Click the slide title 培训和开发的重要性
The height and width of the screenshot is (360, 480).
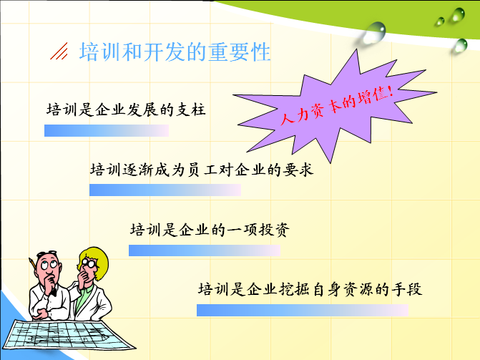tap(175, 52)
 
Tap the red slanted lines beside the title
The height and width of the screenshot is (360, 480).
tap(59, 51)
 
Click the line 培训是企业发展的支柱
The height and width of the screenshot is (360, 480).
tap(126, 110)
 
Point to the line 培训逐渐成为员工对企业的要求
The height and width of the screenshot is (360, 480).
tap(202, 170)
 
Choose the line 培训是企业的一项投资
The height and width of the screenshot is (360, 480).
tap(210, 230)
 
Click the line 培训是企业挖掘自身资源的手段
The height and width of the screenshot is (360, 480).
tap(310, 289)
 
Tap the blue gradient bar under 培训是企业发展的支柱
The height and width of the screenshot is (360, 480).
tap(107, 130)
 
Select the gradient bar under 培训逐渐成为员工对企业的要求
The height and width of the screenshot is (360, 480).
tap(165, 190)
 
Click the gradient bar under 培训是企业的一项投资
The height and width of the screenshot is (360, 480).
tap(204, 250)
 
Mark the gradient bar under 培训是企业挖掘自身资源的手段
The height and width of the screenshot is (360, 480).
tap(303, 310)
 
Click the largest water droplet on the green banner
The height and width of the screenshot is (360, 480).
tap(374, 32)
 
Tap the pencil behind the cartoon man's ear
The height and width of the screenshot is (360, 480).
tap(32, 264)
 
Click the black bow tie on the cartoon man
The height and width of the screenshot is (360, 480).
tap(54, 291)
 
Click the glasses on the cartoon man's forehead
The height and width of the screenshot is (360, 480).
tap(46, 253)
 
